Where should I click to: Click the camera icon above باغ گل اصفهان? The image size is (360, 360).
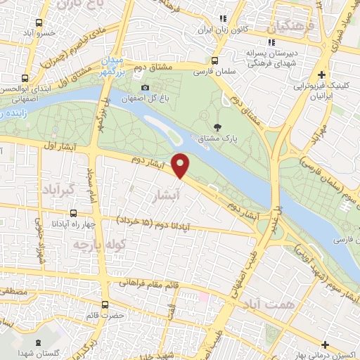(146, 87)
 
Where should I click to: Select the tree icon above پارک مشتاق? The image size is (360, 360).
(217, 127)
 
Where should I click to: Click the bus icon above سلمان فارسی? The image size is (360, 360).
(218, 60)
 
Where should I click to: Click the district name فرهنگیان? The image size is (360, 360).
(286, 27)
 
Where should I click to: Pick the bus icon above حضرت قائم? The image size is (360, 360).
(105, 304)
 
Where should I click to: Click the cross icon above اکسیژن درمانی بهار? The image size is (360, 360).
(325, 344)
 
